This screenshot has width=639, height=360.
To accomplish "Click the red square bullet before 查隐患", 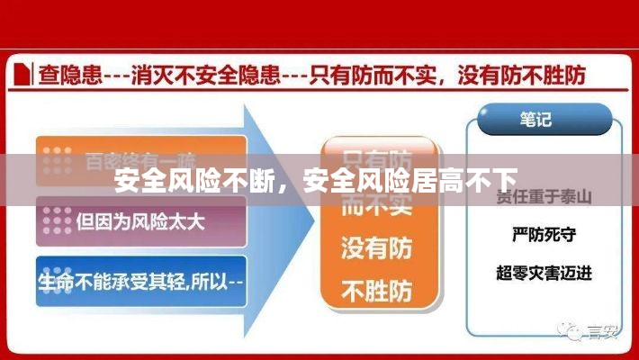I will tap(24, 75).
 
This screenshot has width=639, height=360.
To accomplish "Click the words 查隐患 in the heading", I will tap(63, 75).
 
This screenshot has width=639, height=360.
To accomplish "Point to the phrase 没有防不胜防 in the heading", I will tap(523, 75).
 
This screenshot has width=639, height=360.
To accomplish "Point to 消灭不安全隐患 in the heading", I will tap(209, 75).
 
